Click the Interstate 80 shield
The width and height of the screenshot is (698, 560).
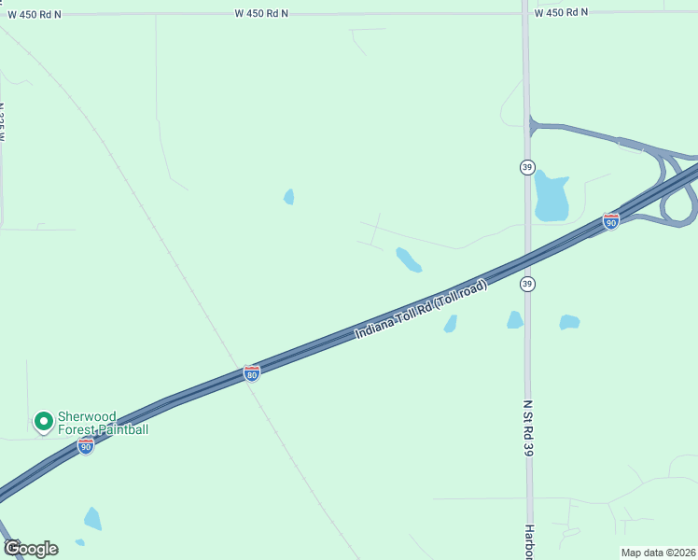click(x=251, y=373)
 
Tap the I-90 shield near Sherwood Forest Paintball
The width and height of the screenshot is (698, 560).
click(x=85, y=446)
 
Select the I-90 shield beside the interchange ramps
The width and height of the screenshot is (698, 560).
click(x=610, y=221)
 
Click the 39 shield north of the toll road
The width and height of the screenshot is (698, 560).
click(x=527, y=166)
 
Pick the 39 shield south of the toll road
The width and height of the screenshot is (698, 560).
click(x=527, y=284)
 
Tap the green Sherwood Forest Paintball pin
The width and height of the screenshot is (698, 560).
click(x=42, y=423)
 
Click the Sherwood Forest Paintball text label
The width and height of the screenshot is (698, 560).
click(x=103, y=423)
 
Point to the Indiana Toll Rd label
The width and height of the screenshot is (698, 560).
click(x=421, y=309)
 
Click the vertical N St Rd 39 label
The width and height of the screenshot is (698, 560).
click(x=528, y=428)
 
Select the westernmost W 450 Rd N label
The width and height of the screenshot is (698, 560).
click(x=35, y=14)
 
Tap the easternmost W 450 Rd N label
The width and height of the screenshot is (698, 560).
click(x=561, y=12)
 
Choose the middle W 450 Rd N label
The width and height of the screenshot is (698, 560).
click(x=261, y=13)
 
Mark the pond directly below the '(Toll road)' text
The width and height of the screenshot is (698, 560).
click(x=451, y=324)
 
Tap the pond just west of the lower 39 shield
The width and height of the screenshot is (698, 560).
click(x=514, y=320)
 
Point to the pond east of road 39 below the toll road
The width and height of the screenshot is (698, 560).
click(x=569, y=322)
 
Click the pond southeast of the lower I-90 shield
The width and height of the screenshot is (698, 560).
click(x=92, y=519)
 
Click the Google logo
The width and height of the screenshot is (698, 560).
click(x=30, y=548)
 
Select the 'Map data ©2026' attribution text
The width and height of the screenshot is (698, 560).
click(x=658, y=553)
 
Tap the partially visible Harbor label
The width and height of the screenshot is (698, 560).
click(x=528, y=543)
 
